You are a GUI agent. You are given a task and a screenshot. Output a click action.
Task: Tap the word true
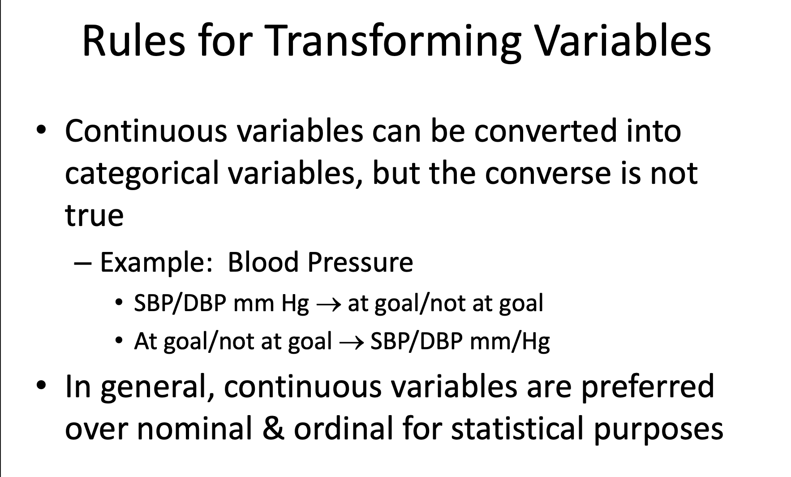pyautogui.click(x=94, y=215)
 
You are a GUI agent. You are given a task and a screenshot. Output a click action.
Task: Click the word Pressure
pyautogui.click(x=360, y=262)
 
